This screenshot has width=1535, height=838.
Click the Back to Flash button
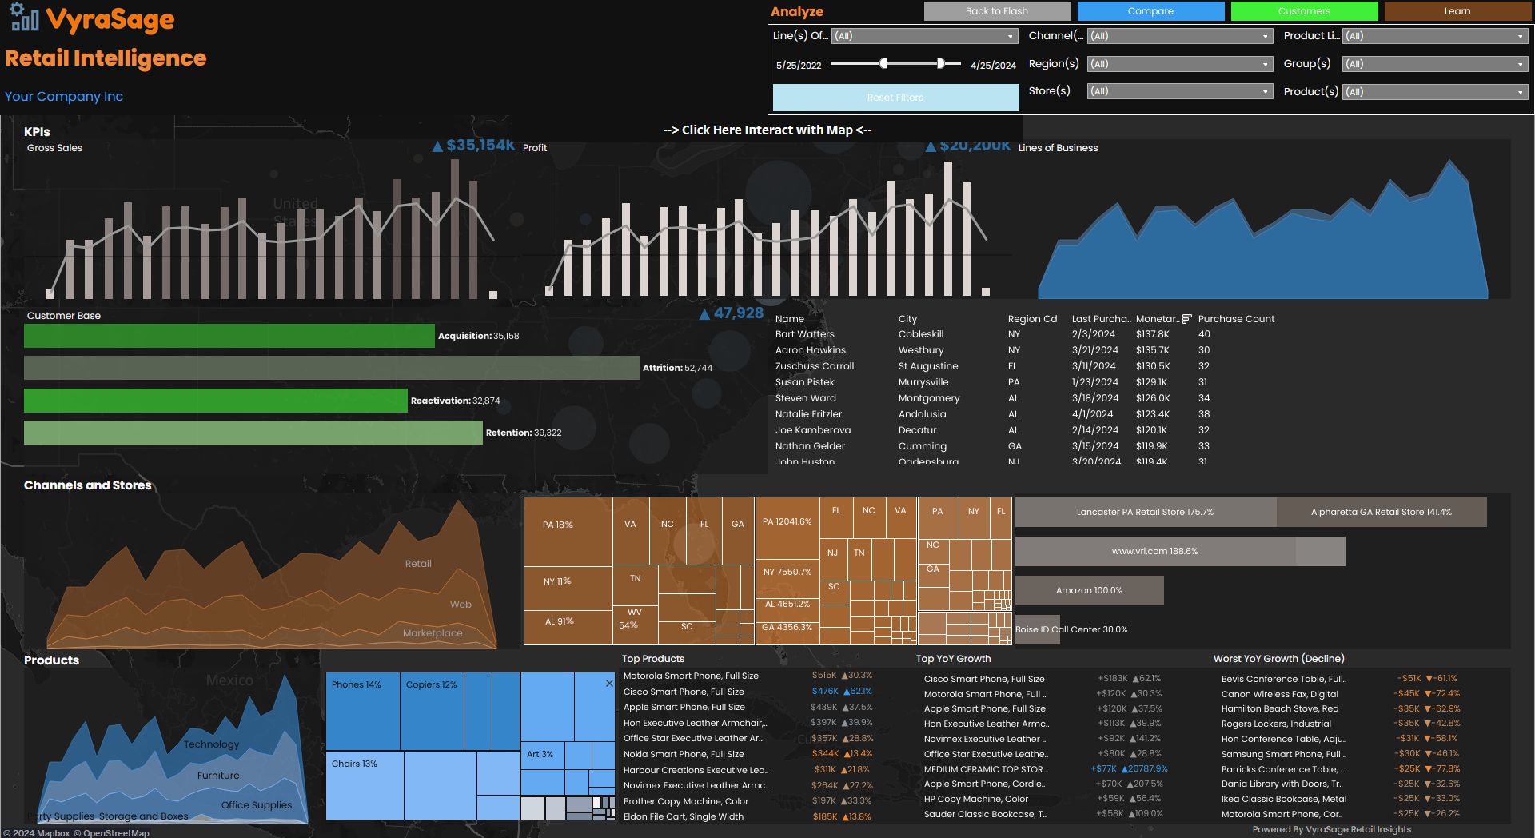997,11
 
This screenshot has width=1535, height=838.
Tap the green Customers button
1304,11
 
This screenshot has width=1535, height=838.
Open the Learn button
1457,11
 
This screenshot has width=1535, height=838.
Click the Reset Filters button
895,98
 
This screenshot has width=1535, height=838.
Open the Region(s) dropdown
1179,64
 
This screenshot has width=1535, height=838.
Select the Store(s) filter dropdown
1179,92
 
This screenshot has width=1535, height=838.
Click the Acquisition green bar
229,336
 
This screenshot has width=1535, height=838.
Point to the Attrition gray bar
331,368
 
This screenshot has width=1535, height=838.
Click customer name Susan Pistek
804,382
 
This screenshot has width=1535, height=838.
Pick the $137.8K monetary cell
1152,334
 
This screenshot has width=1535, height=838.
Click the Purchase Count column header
1235,319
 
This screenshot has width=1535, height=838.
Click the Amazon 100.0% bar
1089,590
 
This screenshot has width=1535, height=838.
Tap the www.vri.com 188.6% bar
1154,551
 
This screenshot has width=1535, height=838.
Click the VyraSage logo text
110,19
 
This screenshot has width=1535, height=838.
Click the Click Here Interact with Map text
767,130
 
